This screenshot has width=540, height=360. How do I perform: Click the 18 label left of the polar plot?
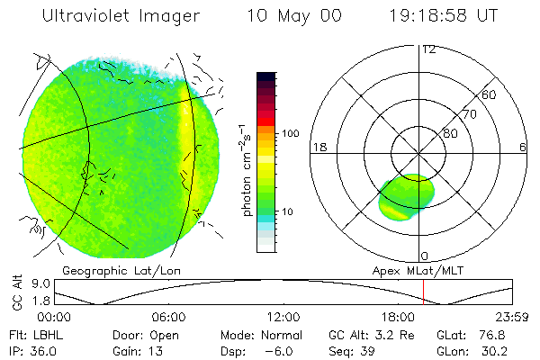(x=318, y=147)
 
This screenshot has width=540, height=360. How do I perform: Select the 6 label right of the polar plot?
(x=523, y=147)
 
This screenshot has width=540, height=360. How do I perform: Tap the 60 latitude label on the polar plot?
(x=490, y=94)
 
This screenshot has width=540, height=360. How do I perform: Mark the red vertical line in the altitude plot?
(x=423, y=292)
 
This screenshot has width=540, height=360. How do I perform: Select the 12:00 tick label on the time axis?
(x=283, y=317)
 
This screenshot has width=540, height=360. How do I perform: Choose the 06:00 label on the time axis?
(x=168, y=317)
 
